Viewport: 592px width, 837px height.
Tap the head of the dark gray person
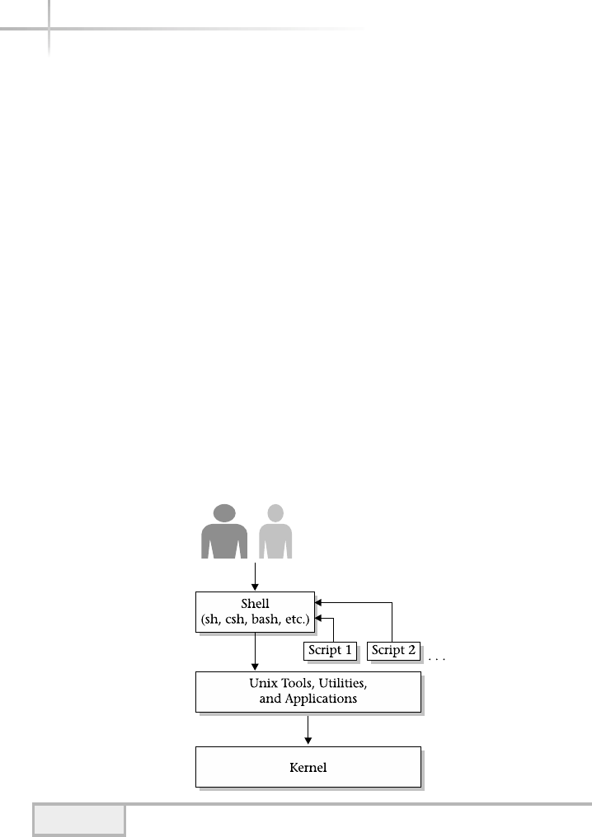(x=225, y=512)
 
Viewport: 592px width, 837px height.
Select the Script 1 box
(x=331, y=650)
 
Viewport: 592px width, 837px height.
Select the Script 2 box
(x=394, y=650)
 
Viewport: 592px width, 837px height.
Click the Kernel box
(x=308, y=767)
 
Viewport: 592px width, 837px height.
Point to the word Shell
(x=255, y=604)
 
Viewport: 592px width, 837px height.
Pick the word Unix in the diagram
(x=263, y=683)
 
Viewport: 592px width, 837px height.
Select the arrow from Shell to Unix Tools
(x=255, y=652)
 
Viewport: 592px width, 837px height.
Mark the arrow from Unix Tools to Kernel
(x=308, y=729)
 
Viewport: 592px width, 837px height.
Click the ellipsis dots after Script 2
(x=436, y=659)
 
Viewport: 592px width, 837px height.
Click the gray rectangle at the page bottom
(x=79, y=820)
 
